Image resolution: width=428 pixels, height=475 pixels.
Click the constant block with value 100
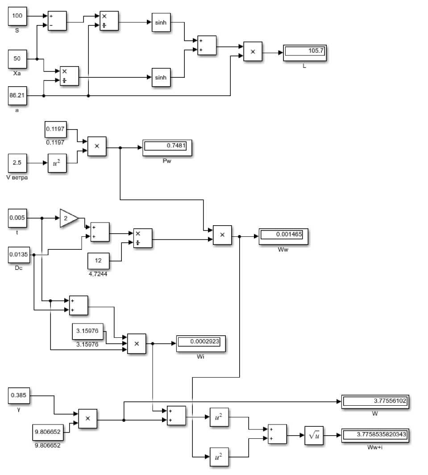click(x=17, y=16)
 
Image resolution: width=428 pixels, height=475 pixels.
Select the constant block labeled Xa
click(x=17, y=59)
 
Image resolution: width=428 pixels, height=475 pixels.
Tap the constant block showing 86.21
click(x=17, y=96)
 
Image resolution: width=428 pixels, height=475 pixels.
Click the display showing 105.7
click(x=304, y=53)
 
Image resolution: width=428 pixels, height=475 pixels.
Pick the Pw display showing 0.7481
click(x=167, y=147)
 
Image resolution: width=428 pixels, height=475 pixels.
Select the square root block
click(x=314, y=436)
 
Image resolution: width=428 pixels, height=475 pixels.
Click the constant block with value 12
click(x=98, y=261)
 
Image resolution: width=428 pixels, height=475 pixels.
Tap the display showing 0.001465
click(x=283, y=236)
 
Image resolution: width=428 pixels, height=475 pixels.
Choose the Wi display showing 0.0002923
click(x=201, y=344)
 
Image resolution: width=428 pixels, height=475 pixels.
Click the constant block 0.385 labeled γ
click(x=19, y=395)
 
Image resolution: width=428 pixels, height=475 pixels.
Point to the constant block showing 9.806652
click(x=48, y=432)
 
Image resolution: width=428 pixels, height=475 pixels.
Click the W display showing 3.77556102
click(x=375, y=402)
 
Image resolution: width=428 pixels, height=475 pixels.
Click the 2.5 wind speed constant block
click(x=17, y=163)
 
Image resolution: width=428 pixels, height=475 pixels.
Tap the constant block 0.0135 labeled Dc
click(x=19, y=255)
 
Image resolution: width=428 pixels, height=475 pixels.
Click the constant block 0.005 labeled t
click(x=17, y=218)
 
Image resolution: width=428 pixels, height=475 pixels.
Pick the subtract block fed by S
click(x=57, y=21)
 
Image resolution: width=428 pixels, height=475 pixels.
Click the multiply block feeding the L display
click(x=253, y=51)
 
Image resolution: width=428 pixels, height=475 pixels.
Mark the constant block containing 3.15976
click(x=88, y=332)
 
